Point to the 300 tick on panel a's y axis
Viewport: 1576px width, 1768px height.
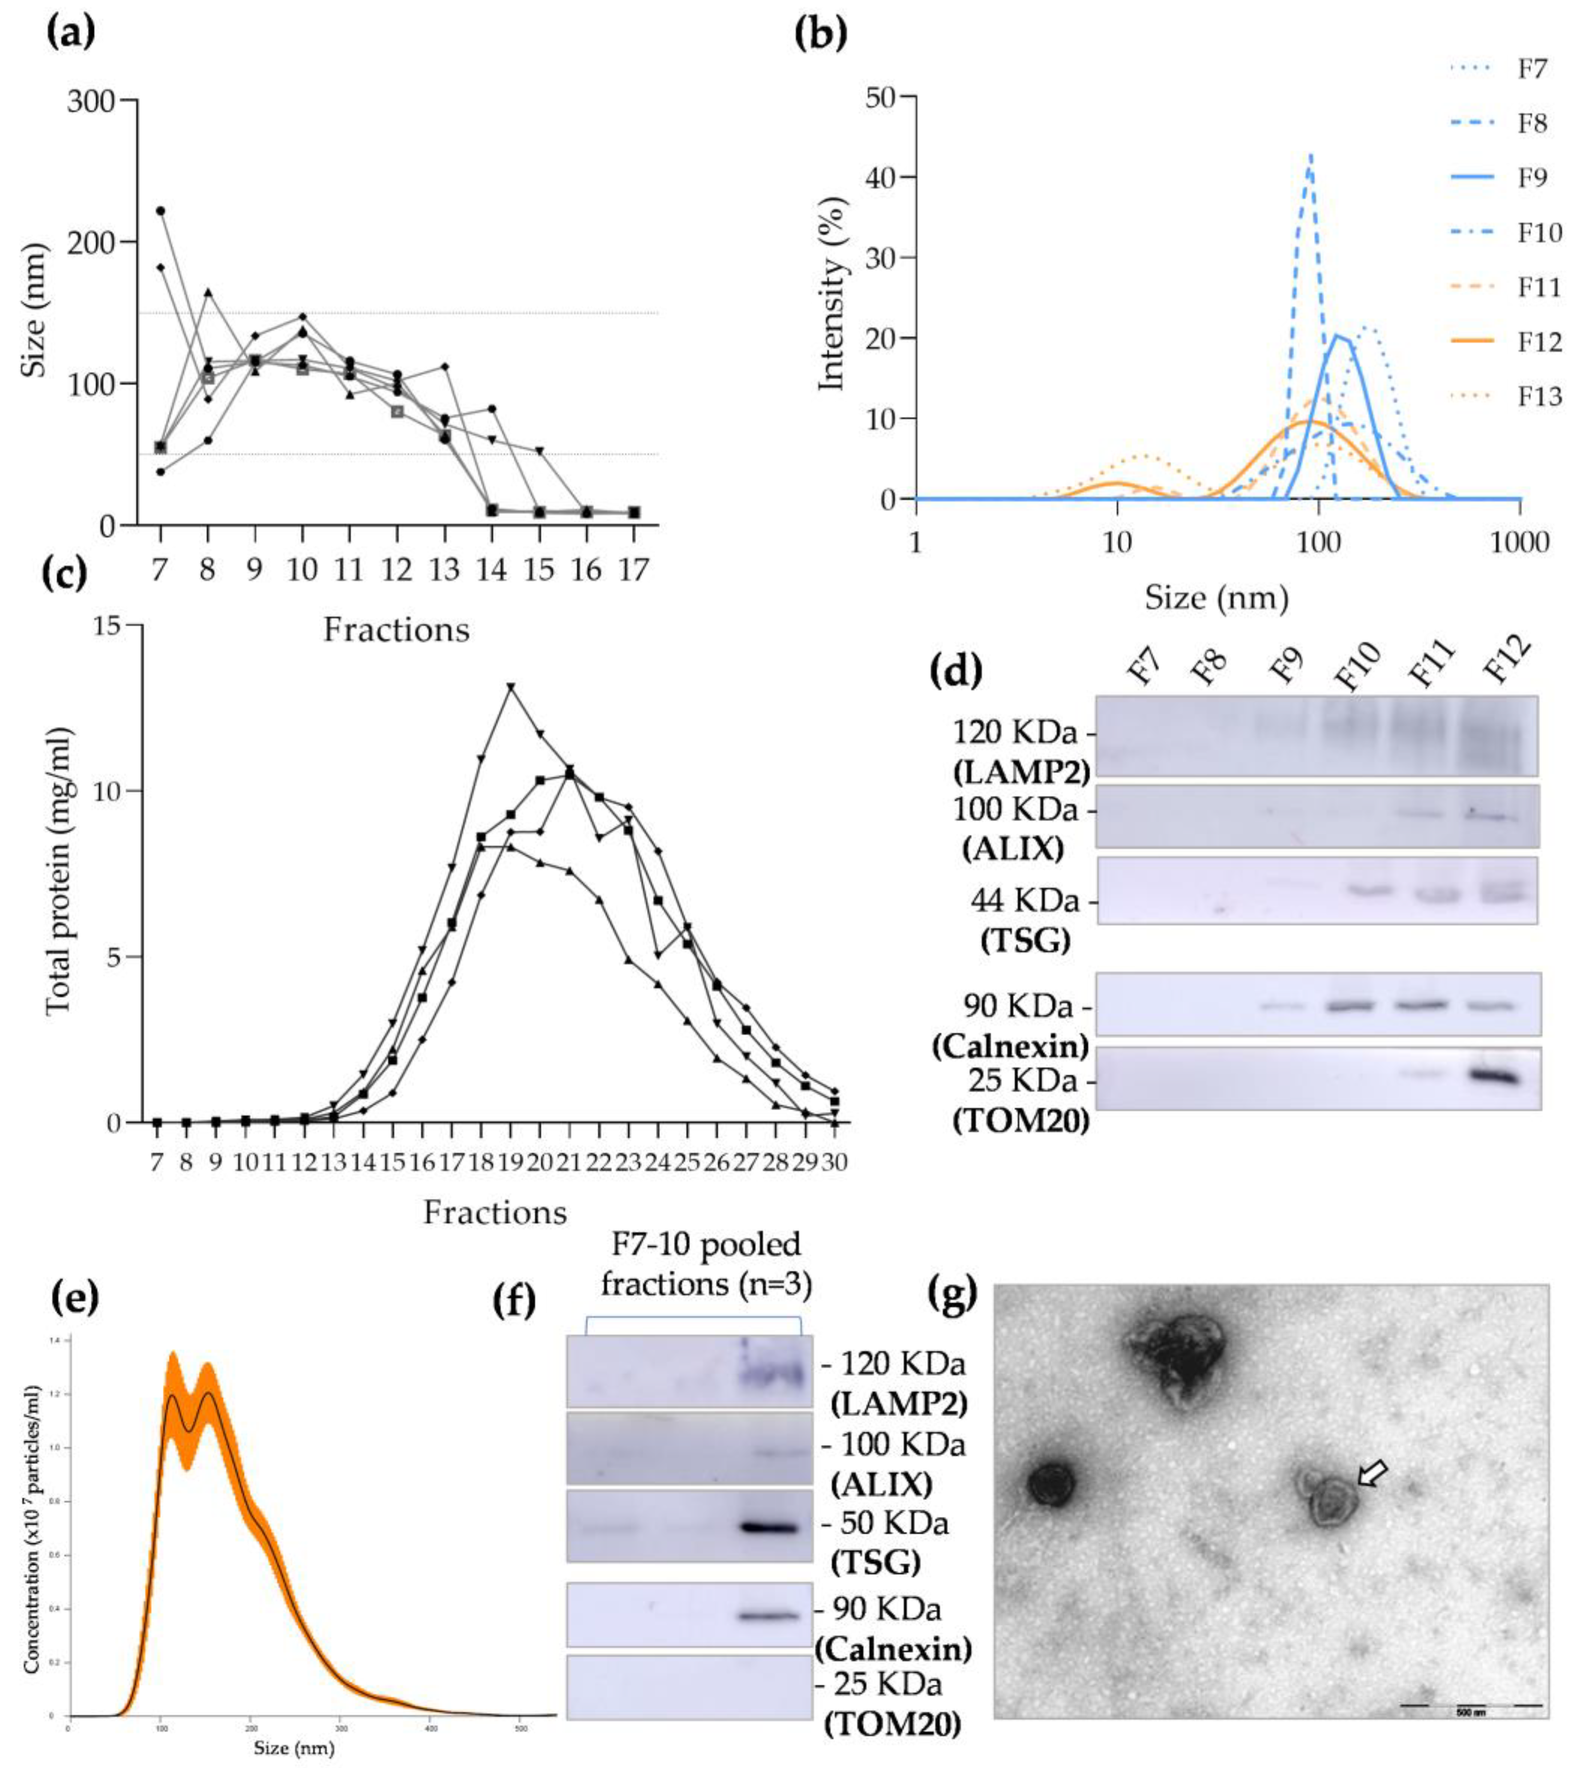point(91,101)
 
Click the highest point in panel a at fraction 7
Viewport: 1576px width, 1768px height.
point(160,211)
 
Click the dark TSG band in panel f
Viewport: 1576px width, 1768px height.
point(769,1527)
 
